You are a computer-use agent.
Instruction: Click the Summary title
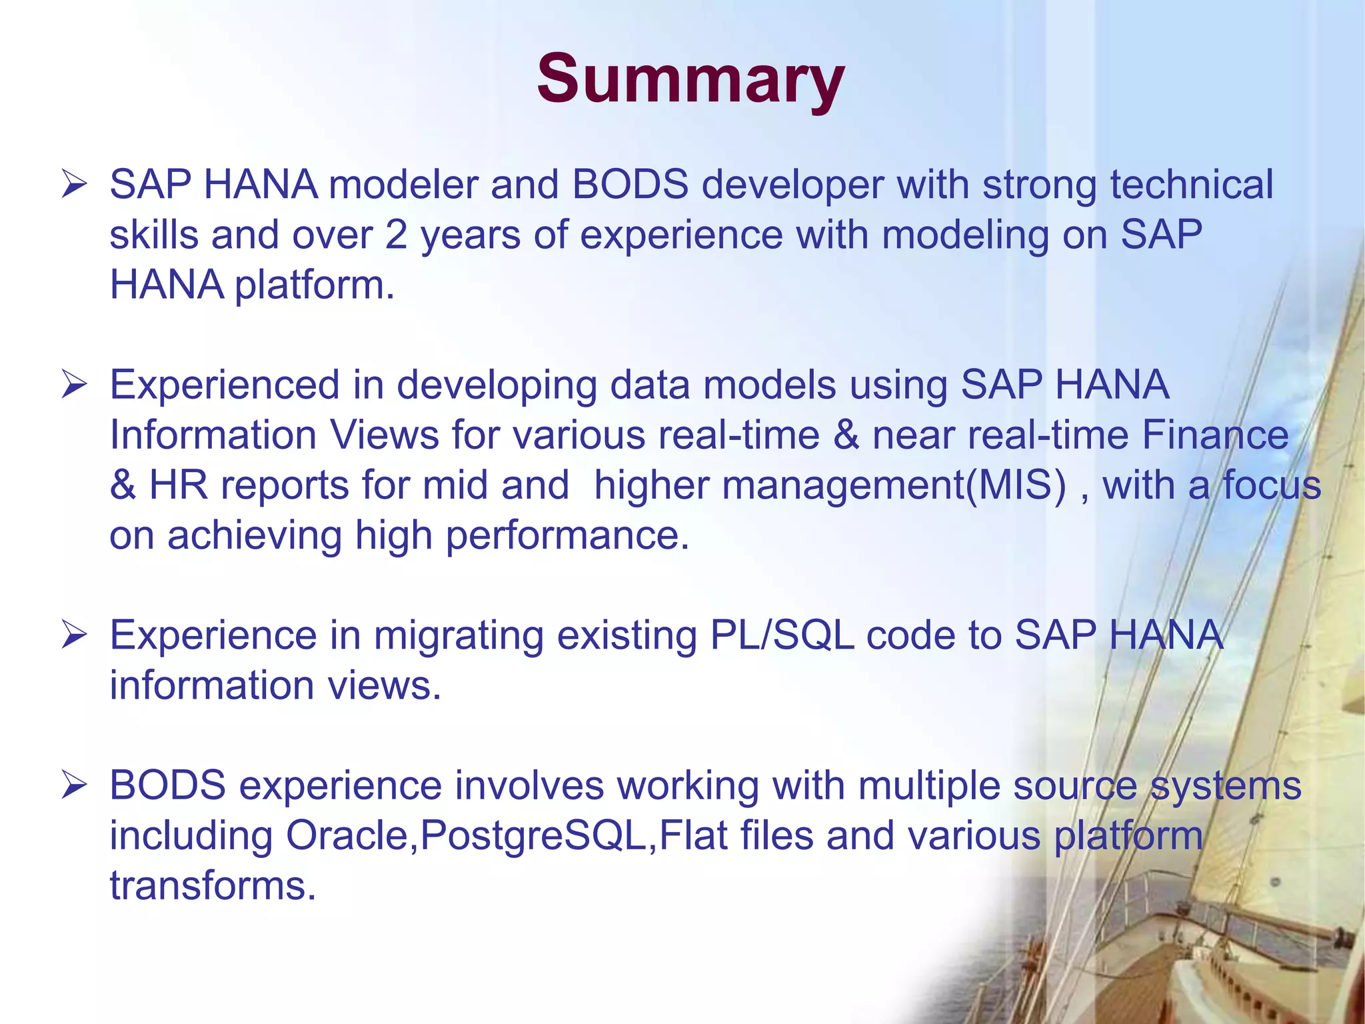click(690, 79)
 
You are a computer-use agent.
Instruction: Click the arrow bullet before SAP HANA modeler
click(73, 184)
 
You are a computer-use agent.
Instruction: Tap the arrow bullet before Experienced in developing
click(73, 385)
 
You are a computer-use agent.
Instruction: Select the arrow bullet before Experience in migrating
click(73, 635)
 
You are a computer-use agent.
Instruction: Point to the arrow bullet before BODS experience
click(73, 785)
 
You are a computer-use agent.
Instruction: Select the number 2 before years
click(396, 235)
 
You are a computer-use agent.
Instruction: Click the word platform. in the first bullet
click(315, 285)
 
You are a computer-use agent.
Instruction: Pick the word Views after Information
click(385, 435)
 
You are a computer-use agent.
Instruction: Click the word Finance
click(1215, 435)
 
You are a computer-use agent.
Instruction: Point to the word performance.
click(567, 535)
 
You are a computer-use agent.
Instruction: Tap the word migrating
click(459, 636)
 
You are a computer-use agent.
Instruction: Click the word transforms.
click(213, 886)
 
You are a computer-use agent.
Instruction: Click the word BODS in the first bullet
click(630, 185)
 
